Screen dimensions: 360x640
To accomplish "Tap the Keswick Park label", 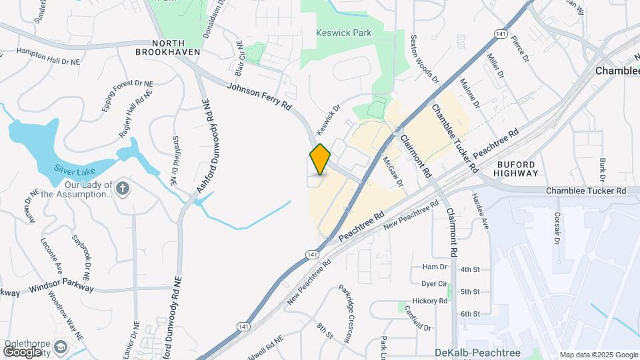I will coord(343,33).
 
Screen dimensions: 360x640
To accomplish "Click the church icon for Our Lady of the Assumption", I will coord(122,188).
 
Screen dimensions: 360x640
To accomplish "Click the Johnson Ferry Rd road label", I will coord(259,97).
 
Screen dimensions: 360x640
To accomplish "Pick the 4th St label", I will coord(470,269).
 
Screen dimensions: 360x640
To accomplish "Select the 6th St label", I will coord(470,313).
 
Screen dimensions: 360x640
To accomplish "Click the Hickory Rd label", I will coord(430,301).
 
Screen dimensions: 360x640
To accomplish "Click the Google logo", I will coord(22,351).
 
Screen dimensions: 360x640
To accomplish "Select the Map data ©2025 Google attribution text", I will coord(598,355).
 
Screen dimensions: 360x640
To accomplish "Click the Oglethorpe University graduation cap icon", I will coord(61,347).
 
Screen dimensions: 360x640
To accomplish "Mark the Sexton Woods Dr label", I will coord(425,59).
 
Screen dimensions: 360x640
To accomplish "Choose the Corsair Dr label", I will coord(557,228).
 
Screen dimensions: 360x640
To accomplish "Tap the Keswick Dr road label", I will coord(327,117).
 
